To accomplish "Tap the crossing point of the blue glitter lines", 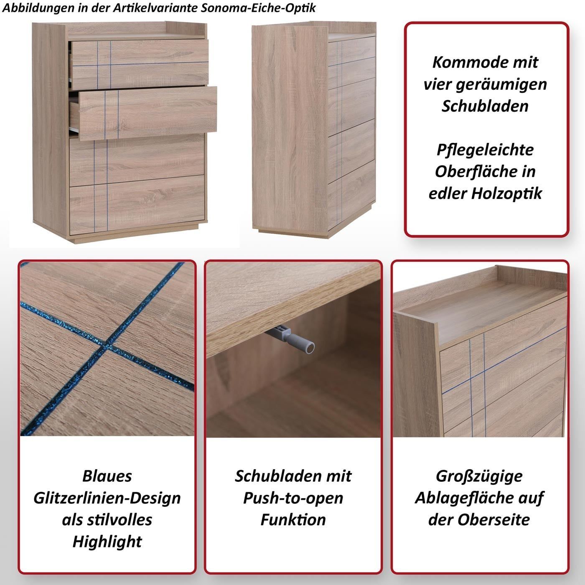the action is [x=105, y=345].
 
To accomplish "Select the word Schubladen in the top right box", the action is [x=485, y=106].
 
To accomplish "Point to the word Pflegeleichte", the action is [x=485, y=150].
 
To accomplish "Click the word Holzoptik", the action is [x=506, y=194].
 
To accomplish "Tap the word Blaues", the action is [x=107, y=476].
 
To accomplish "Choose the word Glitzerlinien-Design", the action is [x=107, y=498].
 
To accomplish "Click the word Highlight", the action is [x=107, y=542].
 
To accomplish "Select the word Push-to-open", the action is [x=293, y=498].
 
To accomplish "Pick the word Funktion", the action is [x=293, y=520].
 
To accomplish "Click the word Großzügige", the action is [x=479, y=476].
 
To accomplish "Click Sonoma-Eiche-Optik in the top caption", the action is [x=258, y=8].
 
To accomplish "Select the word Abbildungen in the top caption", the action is [x=38, y=8].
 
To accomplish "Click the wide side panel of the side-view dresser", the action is [x=290, y=127].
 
